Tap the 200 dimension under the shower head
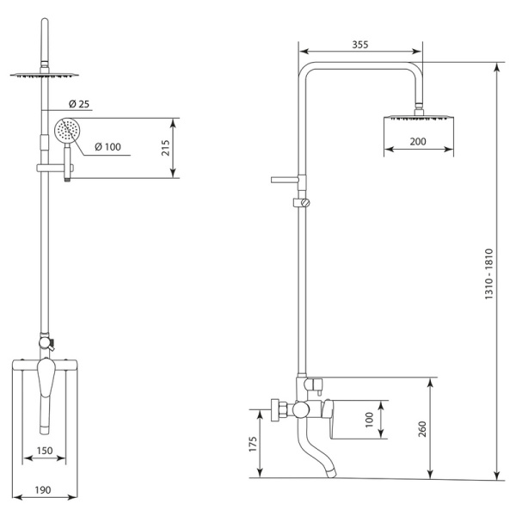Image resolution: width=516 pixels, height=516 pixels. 418,139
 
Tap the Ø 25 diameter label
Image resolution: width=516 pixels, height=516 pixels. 77,104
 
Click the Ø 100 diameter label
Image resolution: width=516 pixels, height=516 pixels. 107,146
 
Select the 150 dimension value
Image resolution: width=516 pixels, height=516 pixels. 44,451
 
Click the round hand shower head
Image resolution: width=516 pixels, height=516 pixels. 65,132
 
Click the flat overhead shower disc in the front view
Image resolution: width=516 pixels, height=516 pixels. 40,76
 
